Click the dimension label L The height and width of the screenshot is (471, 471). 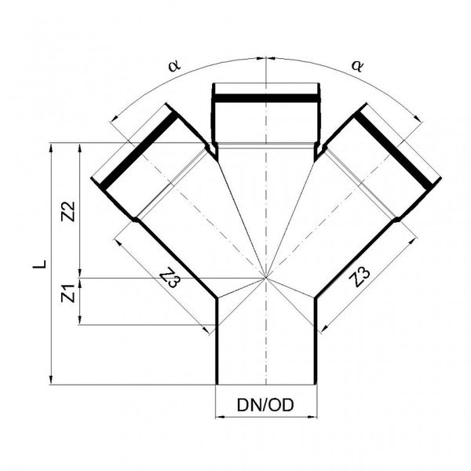40,264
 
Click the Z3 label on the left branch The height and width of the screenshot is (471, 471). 170,278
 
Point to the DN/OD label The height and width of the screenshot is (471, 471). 265,405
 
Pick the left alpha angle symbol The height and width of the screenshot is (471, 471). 174,65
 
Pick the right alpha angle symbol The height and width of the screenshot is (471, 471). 357,66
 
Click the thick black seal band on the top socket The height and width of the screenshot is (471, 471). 266,98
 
